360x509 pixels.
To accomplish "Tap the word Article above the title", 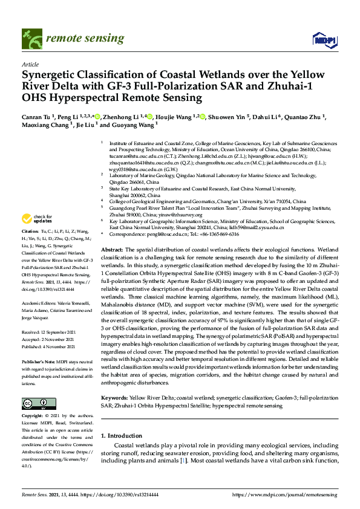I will [30, 63].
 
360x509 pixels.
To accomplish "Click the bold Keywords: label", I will [115, 398].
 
